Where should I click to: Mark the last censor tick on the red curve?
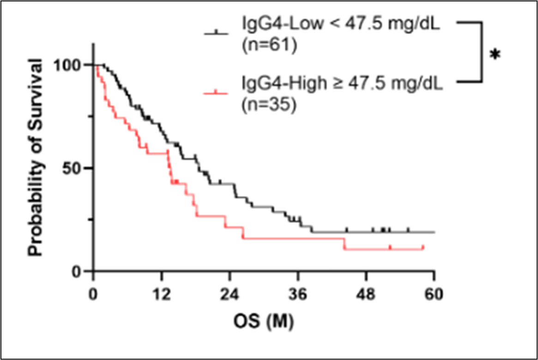coord(423,248)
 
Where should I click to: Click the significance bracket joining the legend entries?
coord(482,52)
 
